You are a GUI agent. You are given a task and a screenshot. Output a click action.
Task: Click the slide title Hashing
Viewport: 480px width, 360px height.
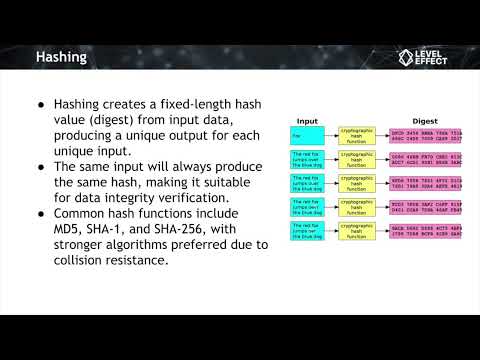pos(62,57)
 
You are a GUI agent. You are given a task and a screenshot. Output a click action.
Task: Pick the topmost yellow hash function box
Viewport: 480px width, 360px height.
pos(356,134)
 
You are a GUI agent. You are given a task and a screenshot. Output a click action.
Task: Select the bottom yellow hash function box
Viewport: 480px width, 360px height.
pos(356,233)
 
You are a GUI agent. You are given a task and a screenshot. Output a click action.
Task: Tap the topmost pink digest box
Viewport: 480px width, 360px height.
pos(425,134)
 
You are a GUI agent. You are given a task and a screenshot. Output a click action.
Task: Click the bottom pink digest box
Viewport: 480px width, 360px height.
pos(425,233)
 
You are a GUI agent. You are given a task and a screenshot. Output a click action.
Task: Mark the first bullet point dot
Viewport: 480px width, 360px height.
pos(41,103)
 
